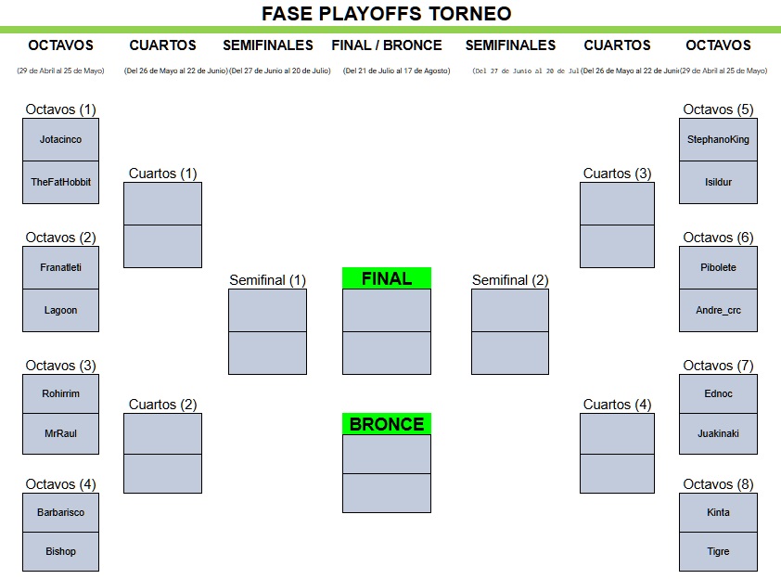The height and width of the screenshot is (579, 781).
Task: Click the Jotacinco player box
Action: (60, 140)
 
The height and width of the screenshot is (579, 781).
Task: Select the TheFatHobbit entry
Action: (60, 182)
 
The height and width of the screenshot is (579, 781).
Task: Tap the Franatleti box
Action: (60, 267)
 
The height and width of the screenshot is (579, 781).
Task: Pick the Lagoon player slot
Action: (60, 310)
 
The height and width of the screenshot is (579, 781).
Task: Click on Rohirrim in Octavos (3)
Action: (60, 393)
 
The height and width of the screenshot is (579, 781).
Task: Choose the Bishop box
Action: (60, 551)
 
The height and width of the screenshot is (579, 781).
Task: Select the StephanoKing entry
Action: (718, 140)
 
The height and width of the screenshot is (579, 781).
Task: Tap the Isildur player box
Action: (718, 182)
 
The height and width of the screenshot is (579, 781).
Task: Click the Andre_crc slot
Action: (718, 310)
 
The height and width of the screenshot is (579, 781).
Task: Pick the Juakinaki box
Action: (718, 433)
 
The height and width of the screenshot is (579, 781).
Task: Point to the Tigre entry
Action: (718, 551)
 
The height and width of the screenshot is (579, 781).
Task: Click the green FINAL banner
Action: (387, 278)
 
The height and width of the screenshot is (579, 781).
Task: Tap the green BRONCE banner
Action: (387, 424)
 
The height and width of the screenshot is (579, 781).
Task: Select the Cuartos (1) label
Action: (162, 174)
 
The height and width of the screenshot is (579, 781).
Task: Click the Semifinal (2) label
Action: (510, 280)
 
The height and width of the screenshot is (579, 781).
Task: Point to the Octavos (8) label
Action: (718, 484)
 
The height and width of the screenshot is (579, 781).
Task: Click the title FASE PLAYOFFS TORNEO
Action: (387, 14)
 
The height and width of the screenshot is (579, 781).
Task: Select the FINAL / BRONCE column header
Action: (387, 45)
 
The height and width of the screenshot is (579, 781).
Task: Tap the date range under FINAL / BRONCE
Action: (396, 71)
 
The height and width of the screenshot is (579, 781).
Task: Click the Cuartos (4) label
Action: (617, 405)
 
